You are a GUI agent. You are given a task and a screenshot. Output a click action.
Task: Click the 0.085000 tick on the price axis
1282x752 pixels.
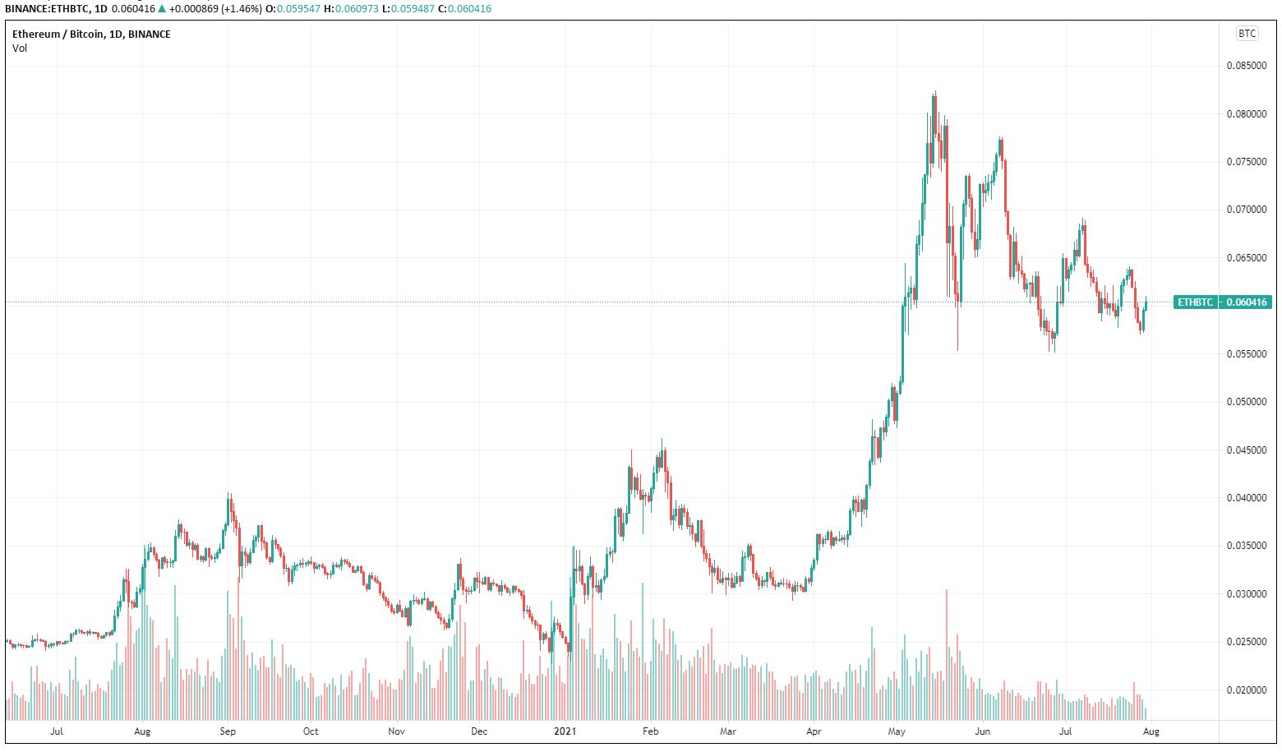point(1246,66)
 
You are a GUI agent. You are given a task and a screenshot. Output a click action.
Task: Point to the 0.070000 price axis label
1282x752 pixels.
point(1246,210)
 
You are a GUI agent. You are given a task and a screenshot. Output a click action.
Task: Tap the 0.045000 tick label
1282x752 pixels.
point(1246,450)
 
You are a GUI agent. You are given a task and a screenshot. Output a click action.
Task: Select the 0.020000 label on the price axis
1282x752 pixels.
point(1246,690)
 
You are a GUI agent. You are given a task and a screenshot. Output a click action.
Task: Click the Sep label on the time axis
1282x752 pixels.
point(228,731)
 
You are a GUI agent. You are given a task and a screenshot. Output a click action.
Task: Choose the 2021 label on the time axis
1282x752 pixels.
point(565,731)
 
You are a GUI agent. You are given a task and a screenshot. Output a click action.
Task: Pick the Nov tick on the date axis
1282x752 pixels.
point(396,731)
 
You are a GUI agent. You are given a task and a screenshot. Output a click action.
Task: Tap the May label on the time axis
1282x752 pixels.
point(897,731)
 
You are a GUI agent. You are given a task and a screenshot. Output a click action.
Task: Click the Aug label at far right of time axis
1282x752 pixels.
point(1151,731)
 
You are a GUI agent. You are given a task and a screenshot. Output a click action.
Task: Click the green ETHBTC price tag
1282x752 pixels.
point(1195,302)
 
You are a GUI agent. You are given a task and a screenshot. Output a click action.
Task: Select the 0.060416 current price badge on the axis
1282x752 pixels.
point(1246,302)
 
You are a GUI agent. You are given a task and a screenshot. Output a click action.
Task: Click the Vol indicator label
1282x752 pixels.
point(20,48)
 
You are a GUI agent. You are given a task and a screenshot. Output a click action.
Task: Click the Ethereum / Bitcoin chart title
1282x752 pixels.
point(91,35)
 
